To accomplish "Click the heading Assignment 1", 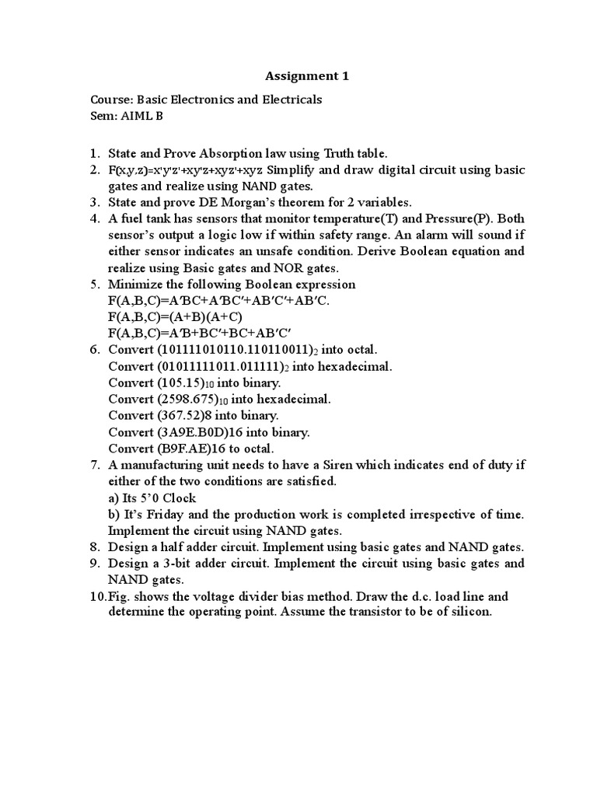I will pyautogui.click(x=308, y=76).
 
